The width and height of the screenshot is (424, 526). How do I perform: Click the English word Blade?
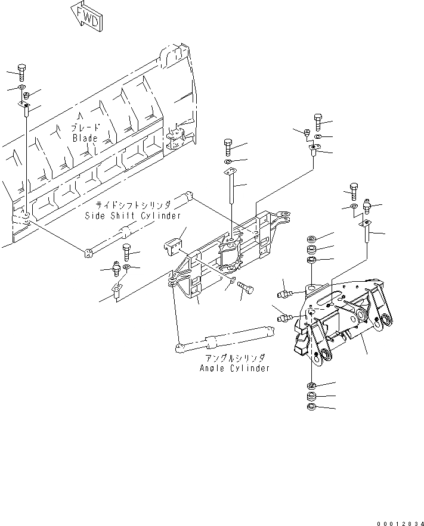(x=85, y=138)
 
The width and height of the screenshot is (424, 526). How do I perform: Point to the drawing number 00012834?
(x=399, y=522)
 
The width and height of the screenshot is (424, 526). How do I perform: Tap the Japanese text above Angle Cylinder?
(x=235, y=357)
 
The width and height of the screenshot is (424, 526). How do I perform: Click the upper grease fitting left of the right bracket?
(x=284, y=292)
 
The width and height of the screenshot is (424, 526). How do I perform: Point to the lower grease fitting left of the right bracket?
(x=284, y=318)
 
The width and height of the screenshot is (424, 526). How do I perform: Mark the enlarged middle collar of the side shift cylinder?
(x=125, y=233)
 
